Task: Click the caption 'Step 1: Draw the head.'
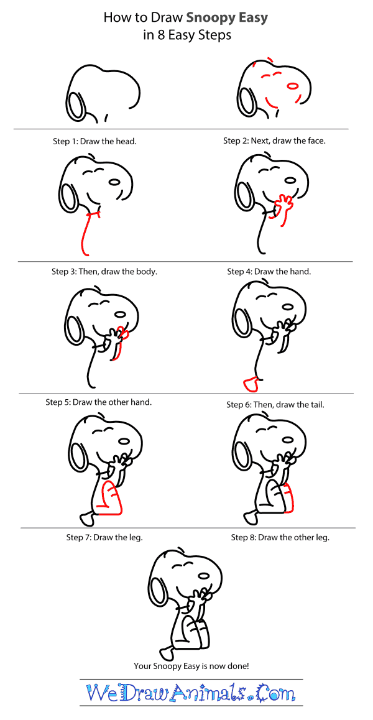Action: pos(94,141)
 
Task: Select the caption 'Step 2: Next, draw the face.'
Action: pos(275,141)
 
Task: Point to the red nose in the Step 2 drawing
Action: pos(293,85)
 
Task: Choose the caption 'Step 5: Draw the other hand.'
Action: pos(99,402)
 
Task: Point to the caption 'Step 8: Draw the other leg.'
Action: pos(280,537)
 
